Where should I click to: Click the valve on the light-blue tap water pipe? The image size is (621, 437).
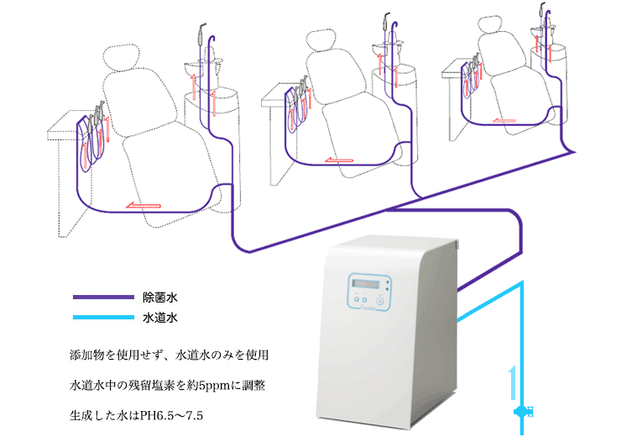[x=522, y=411]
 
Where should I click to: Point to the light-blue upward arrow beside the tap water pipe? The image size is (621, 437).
[x=510, y=382]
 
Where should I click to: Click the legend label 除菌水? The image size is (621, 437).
[x=159, y=297]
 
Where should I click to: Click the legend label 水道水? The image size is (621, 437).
[x=159, y=319]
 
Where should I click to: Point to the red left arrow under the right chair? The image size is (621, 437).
[x=503, y=121]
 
